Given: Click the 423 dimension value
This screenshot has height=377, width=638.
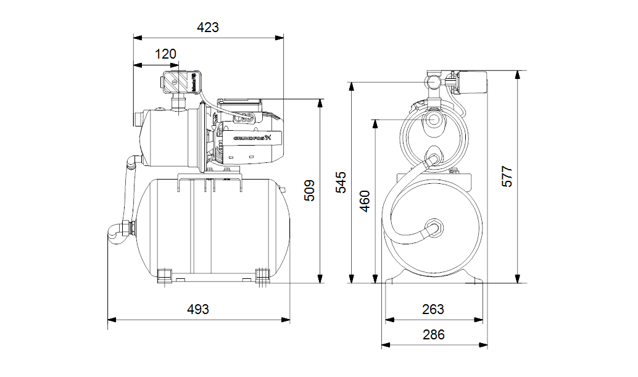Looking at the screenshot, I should click(208, 28).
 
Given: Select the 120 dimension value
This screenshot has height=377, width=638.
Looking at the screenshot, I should click(165, 54).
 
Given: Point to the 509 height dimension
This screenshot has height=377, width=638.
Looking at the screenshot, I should click(310, 191).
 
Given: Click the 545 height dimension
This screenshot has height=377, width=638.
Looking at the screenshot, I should click(341, 183).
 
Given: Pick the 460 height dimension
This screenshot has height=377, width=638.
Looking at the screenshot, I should click(365, 201).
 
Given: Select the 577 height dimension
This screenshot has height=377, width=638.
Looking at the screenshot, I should click(507, 176).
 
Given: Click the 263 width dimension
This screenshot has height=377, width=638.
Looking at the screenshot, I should click(433, 310).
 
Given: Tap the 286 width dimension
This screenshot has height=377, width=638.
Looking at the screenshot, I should click(433, 335).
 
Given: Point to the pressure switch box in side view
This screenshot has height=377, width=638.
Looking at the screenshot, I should click(175, 83).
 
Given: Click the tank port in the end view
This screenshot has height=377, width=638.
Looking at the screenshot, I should click(434, 227).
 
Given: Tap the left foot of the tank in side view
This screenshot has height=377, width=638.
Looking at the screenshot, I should click(165, 275).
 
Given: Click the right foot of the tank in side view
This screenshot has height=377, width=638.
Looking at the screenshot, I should click(263, 275).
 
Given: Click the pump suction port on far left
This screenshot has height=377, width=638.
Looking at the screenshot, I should click(135, 118).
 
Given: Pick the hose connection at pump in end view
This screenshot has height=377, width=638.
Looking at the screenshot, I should click(434, 159).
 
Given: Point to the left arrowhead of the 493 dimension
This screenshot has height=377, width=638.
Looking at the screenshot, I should click(111, 320).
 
